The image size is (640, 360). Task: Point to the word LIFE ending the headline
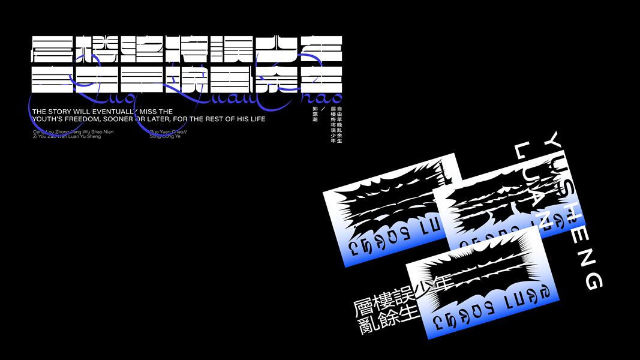[256, 119]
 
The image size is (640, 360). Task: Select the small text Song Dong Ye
[164, 137]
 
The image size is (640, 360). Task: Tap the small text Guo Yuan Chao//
[167, 131]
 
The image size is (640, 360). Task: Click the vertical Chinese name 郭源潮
[315, 115]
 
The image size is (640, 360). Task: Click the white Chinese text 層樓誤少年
[401, 298]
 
